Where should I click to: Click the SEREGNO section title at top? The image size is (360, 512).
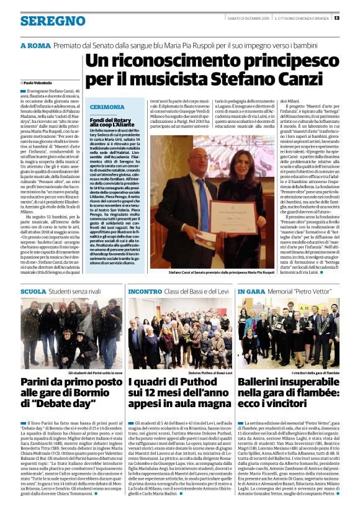tap(44, 20)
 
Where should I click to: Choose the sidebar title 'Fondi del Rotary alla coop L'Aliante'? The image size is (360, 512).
tap(112, 120)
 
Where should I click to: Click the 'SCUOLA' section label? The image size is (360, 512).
tap(33, 290)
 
